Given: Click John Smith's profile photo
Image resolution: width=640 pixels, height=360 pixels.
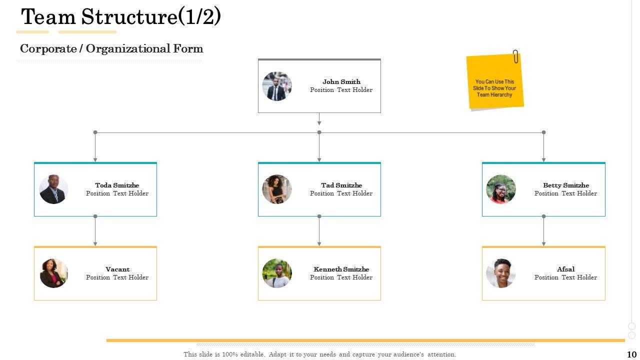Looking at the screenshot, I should (276, 86).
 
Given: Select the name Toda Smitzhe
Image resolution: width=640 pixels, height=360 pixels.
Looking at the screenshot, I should (117, 185).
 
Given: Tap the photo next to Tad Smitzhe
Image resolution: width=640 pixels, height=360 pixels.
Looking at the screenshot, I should (276, 189).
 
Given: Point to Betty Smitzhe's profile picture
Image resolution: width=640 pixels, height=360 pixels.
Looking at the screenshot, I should (500, 189).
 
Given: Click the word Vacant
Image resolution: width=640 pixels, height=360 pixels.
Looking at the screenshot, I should (117, 269).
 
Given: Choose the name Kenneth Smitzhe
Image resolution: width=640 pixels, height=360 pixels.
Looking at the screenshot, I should (341, 269).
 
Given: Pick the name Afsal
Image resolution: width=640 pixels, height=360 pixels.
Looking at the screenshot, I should (565, 269).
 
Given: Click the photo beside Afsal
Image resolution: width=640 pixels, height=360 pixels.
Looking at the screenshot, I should (500, 273).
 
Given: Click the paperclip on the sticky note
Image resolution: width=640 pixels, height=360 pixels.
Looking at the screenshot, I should (515, 56).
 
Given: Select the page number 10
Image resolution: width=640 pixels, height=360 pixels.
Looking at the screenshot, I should (631, 354).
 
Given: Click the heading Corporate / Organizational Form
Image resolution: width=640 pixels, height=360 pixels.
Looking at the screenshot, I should (111, 48).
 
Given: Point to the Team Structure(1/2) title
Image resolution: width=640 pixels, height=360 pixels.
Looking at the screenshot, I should (121, 17).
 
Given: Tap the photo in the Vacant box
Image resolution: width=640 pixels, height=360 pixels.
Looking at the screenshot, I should (53, 273).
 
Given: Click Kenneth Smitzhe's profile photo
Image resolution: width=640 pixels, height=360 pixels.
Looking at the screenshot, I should (276, 273).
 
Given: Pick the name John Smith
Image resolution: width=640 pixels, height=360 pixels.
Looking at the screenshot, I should (341, 82).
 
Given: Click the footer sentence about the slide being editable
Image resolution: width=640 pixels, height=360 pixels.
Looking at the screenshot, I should (320, 354).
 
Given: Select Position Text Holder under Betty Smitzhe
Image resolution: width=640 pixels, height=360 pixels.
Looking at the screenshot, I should (565, 193).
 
